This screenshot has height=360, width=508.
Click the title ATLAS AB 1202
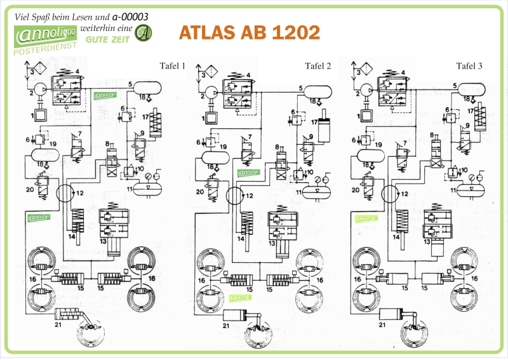(250, 32)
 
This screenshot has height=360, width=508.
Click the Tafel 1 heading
(172, 66)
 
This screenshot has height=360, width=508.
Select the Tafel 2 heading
(317, 66)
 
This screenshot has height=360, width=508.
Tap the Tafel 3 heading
(469, 66)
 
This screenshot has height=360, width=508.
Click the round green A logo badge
(145, 32)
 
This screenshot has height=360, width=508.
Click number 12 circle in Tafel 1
(65, 193)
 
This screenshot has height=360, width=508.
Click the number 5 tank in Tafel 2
(320, 90)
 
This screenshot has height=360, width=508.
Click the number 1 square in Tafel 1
(39, 117)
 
